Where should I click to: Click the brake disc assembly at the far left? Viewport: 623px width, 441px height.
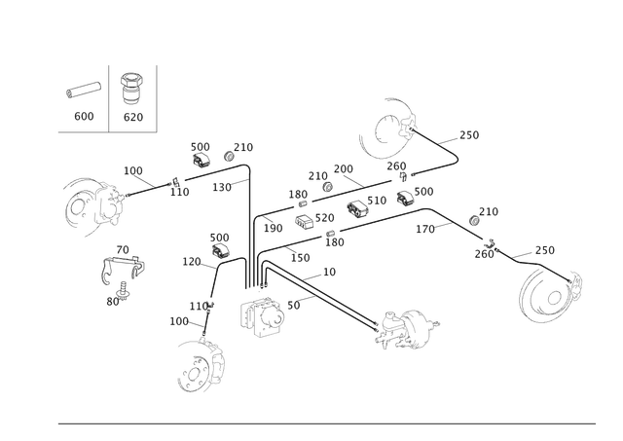88,203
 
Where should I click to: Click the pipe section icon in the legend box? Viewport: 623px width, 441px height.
83,91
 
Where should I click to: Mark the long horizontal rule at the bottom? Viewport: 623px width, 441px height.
326,423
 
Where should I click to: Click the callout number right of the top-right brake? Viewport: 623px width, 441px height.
469,133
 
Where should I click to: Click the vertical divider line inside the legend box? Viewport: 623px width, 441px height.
109,97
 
